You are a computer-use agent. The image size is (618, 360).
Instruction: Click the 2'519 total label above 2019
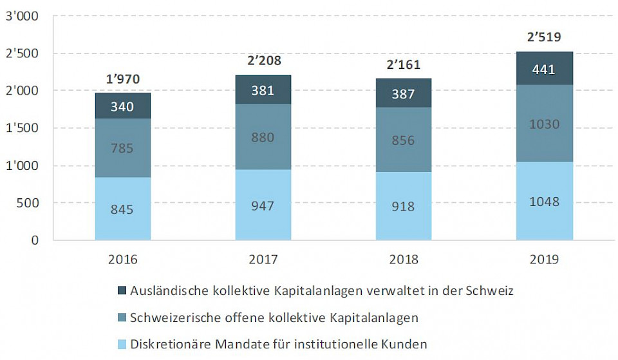click(x=544, y=37)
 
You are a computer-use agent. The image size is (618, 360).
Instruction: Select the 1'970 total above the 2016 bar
click(x=122, y=80)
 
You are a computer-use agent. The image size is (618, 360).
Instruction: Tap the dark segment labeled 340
click(x=122, y=106)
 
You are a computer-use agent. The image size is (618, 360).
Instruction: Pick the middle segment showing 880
click(x=263, y=137)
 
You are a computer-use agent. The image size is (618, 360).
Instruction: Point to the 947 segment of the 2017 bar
click(x=263, y=205)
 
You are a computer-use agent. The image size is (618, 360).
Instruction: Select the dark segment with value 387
click(x=403, y=93)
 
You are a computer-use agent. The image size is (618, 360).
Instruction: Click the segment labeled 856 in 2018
click(x=403, y=140)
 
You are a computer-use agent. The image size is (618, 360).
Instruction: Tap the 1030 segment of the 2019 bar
click(x=544, y=124)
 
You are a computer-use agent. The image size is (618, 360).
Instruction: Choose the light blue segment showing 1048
click(x=544, y=201)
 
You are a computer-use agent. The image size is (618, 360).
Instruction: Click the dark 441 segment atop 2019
click(x=544, y=69)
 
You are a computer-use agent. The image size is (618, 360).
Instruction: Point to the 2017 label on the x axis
click(x=263, y=260)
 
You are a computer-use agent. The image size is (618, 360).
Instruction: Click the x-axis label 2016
click(x=122, y=260)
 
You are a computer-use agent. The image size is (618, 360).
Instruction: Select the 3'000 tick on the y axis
click(x=21, y=16)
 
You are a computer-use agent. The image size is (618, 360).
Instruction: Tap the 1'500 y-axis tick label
click(x=21, y=128)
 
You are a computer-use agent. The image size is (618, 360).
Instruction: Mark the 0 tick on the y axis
click(x=34, y=240)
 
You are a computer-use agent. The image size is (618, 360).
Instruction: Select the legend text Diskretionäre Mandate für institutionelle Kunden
click(x=278, y=344)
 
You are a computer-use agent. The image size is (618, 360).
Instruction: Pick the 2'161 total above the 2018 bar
click(x=403, y=66)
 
